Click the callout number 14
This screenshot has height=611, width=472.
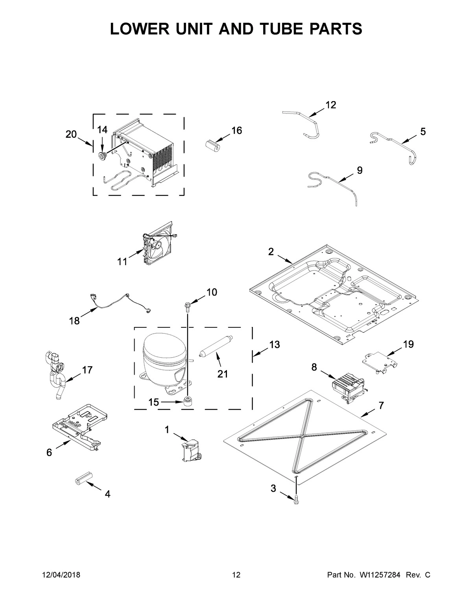102,129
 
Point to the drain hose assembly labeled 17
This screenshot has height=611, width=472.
55,374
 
